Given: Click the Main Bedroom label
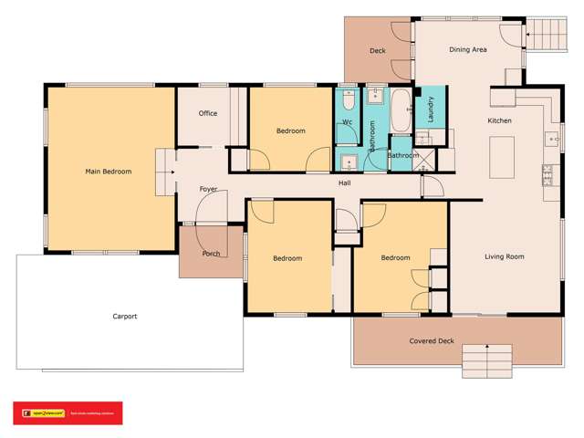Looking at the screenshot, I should (x=109, y=172).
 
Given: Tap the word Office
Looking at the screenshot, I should (x=207, y=114).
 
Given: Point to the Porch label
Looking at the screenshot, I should (x=211, y=254).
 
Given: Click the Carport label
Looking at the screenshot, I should (x=125, y=317).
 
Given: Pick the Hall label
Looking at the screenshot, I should (x=345, y=183).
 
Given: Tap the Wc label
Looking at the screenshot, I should (x=348, y=122).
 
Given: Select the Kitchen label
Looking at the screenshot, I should (x=499, y=120).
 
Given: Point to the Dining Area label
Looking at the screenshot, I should (x=467, y=49).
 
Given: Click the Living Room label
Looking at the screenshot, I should (x=504, y=257).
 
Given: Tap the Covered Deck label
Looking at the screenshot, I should (x=432, y=340).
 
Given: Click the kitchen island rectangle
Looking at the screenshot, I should (x=502, y=157).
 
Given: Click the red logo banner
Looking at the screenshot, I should (x=67, y=413).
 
